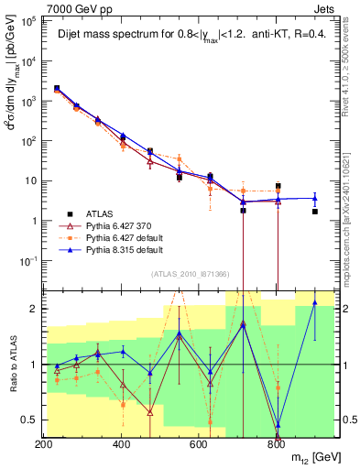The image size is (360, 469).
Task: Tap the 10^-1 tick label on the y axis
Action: tap(27, 260)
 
